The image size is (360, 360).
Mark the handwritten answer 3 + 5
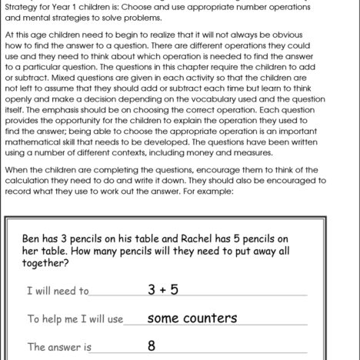163,290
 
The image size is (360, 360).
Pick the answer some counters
192,318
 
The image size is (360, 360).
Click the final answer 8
152,346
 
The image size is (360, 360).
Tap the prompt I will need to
58,292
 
